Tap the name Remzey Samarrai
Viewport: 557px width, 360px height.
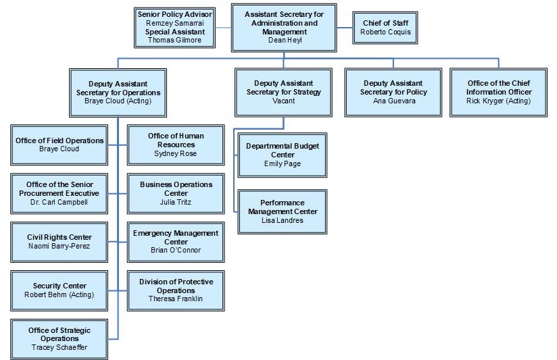(x=175, y=23)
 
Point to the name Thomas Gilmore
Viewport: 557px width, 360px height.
(x=175, y=41)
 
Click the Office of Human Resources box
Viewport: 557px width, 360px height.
(x=176, y=145)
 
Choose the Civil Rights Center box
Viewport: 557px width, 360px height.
(x=59, y=241)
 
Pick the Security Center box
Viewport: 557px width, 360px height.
(x=59, y=290)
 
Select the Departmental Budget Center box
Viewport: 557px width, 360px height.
(x=282, y=155)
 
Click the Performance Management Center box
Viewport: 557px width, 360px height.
(x=282, y=211)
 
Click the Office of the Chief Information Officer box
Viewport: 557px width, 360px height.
(x=499, y=93)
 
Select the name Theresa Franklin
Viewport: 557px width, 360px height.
(x=176, y=299)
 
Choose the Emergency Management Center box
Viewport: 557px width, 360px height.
(x=176, y=242)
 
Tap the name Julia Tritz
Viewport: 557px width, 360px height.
(x=176, y=202)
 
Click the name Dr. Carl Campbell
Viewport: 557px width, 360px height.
(x=59, y=202)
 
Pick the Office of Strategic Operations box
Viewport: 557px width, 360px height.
(x=59, y=338)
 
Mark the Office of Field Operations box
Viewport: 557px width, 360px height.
(x=59, y=145)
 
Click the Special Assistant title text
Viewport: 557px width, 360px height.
(x=175, y=32)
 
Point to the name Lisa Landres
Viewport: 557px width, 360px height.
(x=282, y=220)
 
